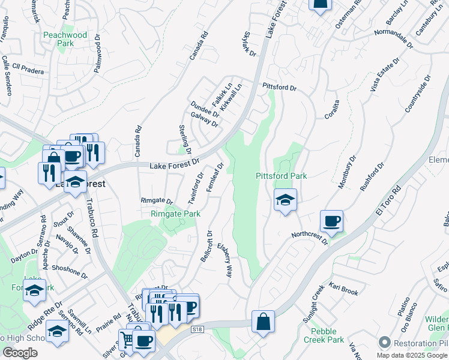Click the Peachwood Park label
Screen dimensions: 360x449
tap(65, 39)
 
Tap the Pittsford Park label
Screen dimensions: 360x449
tap(281, 176)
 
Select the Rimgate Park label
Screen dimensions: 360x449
tap(175, 213)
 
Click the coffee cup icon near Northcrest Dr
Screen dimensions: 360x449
tap(331, 221)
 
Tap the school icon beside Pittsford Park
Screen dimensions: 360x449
tap(285, 200)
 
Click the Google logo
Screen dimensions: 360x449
tap(20, 353)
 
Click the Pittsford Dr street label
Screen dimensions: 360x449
tap(279, 87)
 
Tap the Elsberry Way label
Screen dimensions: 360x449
tap(225, 259)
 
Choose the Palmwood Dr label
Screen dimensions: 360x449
tap(97, 57)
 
